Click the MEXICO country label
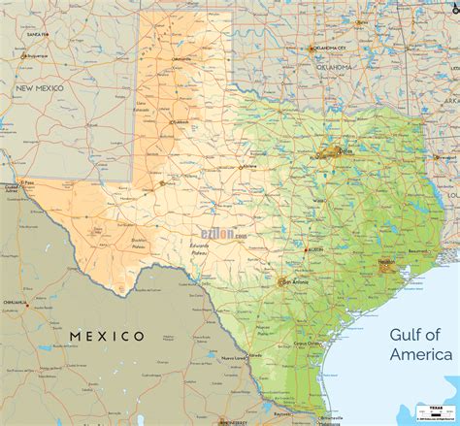(107, 336)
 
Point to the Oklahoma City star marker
(312, 49)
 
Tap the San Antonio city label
(296, 282)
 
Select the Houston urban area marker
(386, 267)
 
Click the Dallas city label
(347, 150)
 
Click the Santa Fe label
(37, 34)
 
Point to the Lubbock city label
(181, 123)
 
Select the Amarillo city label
(181, 59)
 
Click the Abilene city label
(250, 167)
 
